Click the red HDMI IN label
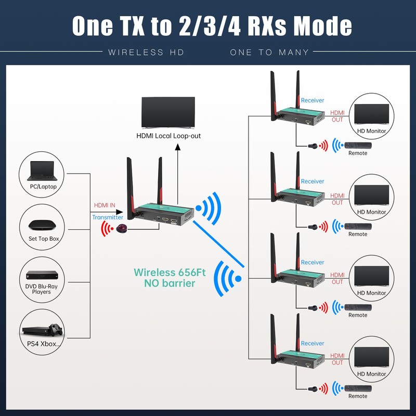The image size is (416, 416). [x=105, y=205]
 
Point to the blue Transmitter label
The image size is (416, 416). [x=108, y=217]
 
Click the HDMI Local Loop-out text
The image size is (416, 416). [x=168, y=136]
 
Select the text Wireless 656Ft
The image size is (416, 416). [x=173, y=272]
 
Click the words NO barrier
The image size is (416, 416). [x=170, y=283]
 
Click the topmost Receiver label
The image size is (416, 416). [x=313, y=100]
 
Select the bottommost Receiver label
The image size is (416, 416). [x=313, y=343]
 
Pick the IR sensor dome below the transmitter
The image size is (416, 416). [x=121, y=229]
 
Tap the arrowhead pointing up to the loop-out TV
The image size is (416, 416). [x=177, y=148]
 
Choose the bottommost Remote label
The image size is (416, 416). [x=358, y=396]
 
